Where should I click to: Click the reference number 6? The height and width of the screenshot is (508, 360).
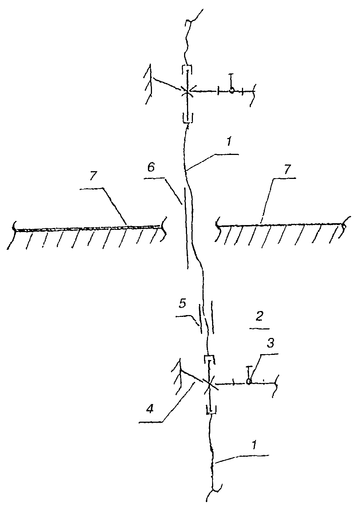(151, 168)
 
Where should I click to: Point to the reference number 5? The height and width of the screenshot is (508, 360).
(183, 304)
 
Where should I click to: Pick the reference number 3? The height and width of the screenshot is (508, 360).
(270, 343)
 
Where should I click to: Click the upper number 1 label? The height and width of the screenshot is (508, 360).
(229, 142)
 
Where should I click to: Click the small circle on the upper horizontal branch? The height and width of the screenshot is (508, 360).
(231, 90)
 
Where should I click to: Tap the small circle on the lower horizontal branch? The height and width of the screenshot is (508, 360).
(249, 381)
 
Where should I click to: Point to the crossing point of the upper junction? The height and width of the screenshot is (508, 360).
(187, 91)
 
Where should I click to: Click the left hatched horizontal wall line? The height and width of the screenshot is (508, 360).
(89, 228)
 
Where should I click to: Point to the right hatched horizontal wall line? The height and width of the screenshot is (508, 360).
(281, 225)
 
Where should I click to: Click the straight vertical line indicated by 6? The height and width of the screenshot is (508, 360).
(186, 228)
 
